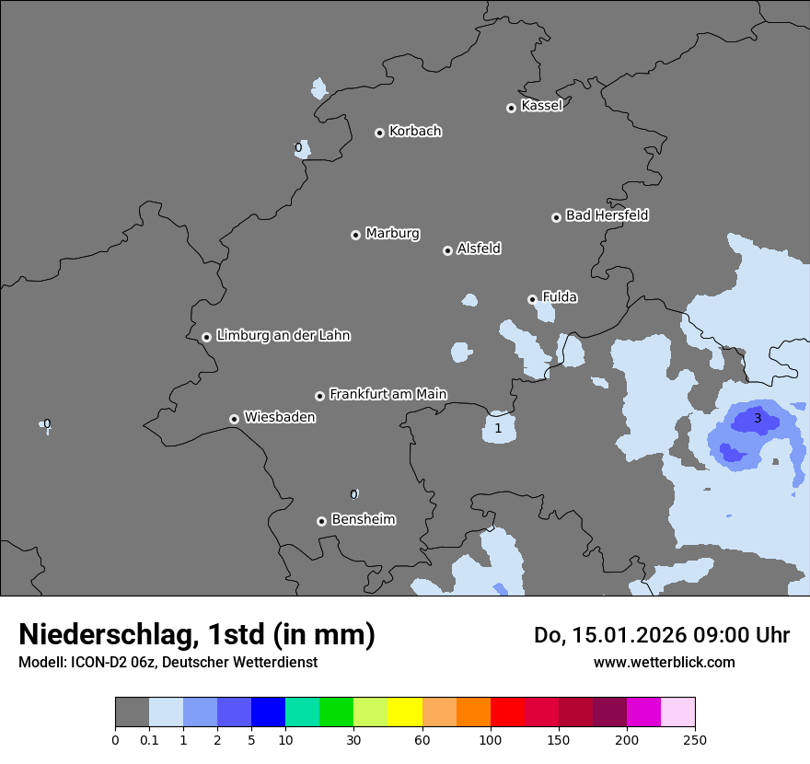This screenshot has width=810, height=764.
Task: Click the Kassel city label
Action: (x=541, y=106)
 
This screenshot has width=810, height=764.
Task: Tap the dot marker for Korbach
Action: (x=379, y=133)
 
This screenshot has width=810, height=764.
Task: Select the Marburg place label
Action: (x=392, y=234)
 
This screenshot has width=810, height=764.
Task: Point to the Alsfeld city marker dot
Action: (x=447, y=250)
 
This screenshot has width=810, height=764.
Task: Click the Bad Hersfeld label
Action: (x=607, y=215)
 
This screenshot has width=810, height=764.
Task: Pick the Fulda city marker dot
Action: (x=532, y=299)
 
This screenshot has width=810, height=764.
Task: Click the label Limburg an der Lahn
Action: (x=283, y=336)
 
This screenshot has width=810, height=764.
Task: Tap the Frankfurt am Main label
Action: (x=388, y=395)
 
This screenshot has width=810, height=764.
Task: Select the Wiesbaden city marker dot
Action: (x=234, y=419)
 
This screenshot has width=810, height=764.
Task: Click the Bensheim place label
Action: (x=363, y=520)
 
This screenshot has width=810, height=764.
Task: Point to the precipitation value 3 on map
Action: (x=758, y=418)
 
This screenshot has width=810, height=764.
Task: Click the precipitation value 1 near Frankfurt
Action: (x=498, y=428)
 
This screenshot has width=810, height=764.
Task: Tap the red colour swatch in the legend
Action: (x=507, y=712)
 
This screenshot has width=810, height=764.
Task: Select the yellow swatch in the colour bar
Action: (x=405, y=712)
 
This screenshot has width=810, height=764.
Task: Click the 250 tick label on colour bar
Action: (x=695, y=739)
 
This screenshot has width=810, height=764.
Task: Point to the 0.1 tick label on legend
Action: (x=148, y=739)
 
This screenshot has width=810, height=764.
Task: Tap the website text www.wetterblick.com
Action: (x=664, y=662)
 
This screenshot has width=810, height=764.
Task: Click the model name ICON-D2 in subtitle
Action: (x=89, y=662)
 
